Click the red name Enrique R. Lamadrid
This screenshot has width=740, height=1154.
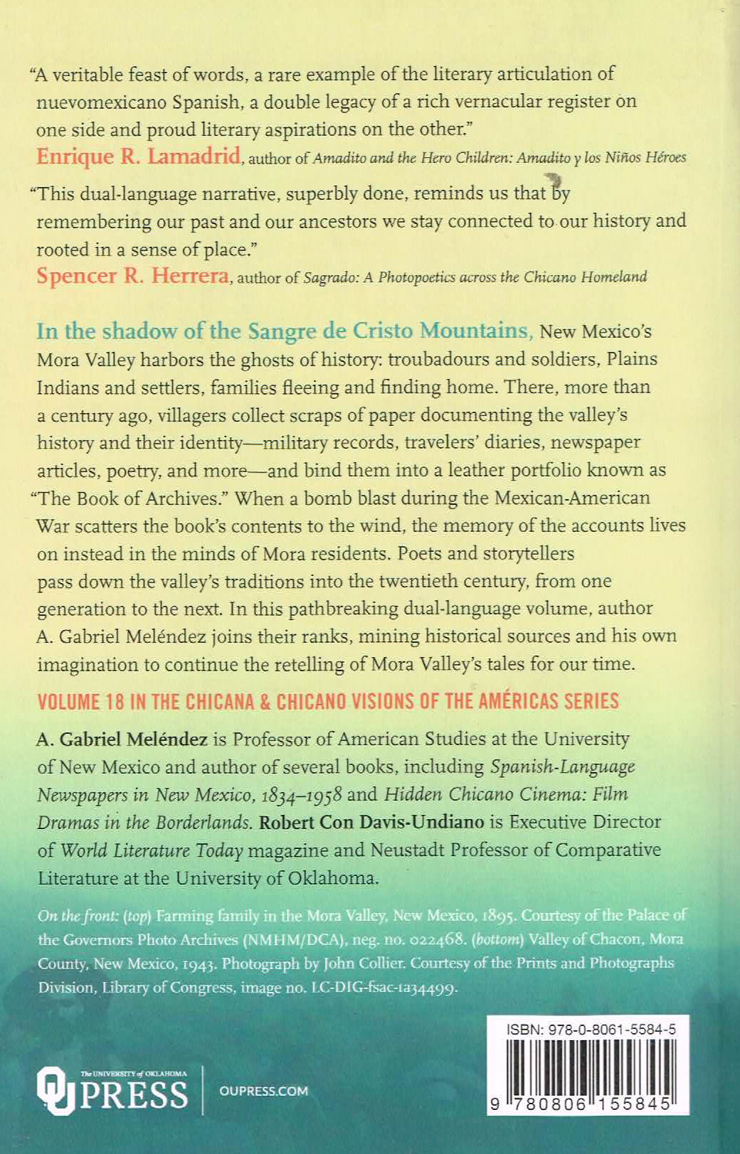[138, 156]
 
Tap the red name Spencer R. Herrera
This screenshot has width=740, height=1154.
[132, 276]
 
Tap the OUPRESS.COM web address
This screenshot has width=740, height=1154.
[263, 1091]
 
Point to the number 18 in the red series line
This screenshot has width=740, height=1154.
[115, 702]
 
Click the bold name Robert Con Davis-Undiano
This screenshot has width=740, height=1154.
[371, 822]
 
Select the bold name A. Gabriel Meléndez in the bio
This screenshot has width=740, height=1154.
[122, 739]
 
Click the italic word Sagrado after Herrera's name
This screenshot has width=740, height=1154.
[329, 277]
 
